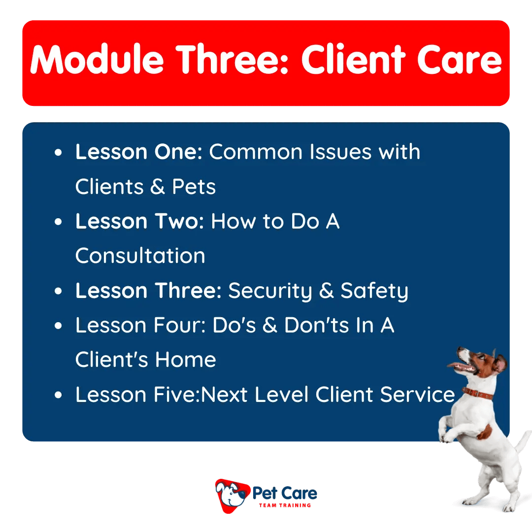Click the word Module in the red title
pos(97,61)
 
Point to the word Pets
pos(194,187)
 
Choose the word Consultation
pos(140,256)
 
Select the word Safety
pos(374,291)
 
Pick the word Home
pos(186,360)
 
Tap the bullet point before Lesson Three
pos(59,292)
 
